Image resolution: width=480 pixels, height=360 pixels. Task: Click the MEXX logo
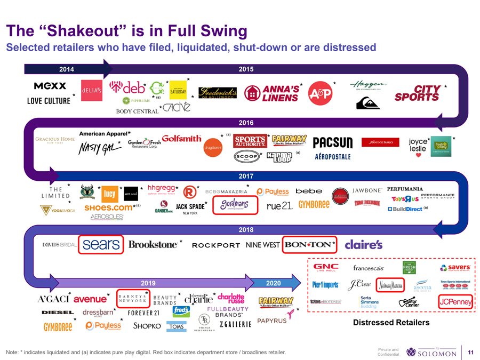[x=50, y=86]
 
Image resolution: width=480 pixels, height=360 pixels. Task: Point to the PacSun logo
[x=333, y=143]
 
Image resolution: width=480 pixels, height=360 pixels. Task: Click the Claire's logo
[x=364, y=245]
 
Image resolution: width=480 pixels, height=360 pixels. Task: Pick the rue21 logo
[x=279, y=206]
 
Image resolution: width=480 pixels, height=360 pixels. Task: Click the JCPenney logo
[x=455, y=301]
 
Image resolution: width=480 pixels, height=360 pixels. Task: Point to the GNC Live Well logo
[x=326, y=267]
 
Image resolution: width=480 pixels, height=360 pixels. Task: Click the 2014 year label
[x=66, y=69]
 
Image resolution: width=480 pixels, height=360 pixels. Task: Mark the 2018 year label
[x=247, y=229]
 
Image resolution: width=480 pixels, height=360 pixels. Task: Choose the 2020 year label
[x=273, y=282]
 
